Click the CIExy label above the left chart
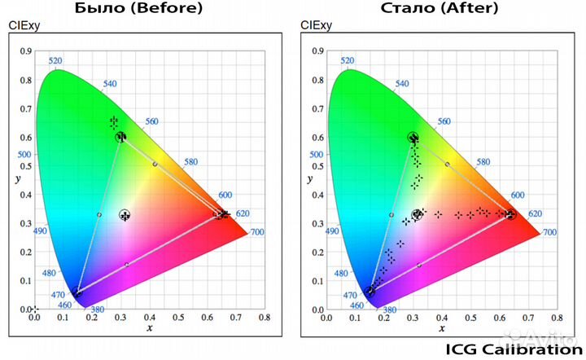pyautogui.click(x=24, y=25)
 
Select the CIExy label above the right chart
pyautogui.click(x=316, y=25)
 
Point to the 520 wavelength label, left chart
pyautogui.click(x=55, y=61)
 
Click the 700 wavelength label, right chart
pyautogui.click(x=549, y=233)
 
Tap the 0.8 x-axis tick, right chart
pyautogui.click(x=556, y=317)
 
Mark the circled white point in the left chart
pyautogui.click(x=125, y=215)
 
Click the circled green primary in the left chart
pyautogui.click(x=120, y=137)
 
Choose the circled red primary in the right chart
pyautogui.click(x=510, y=215)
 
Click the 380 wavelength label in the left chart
pyautogui.click(x=97, y=310)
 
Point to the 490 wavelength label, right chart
pyautogui.click(x=330, y=232)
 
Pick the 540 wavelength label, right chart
pyautogui.click(x=402, y=84)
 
